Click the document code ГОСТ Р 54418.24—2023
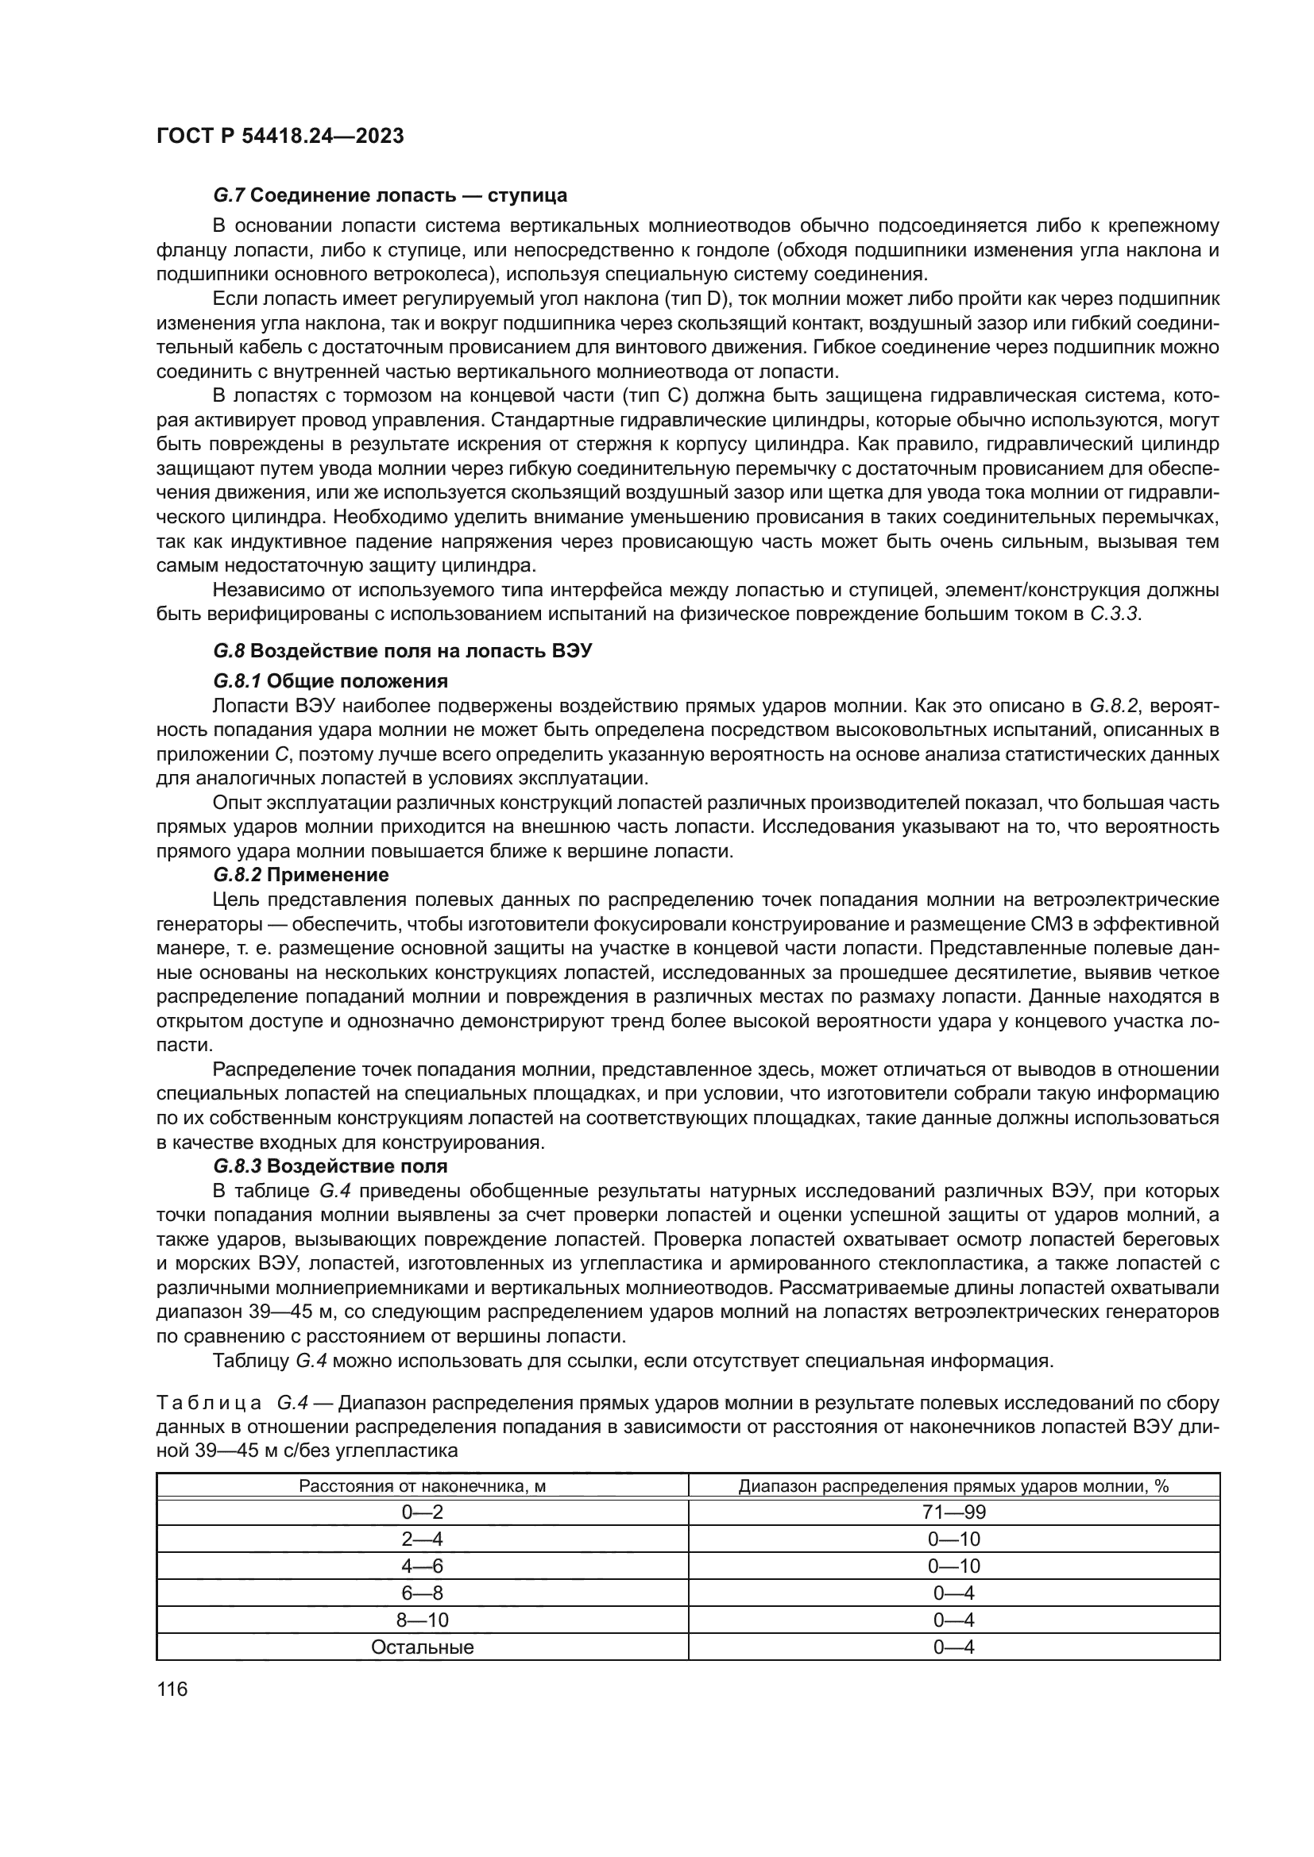pos(280,136)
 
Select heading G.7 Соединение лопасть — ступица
pos(390,195)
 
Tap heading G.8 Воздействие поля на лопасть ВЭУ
pos(402,651)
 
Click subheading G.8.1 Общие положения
pos(330,680)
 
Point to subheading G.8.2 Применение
pos(301,874)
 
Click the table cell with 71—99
pos(954,1512)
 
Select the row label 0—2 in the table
pos(422,1512)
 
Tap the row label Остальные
pos(422,1647)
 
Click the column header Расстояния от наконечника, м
pos(422,1485)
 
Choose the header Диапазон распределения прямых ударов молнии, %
pos(954,1485)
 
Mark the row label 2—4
pos(422,1539)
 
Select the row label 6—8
pos(422,1593)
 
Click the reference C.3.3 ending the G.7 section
pos(1114,614)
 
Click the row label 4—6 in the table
pos(422,1566)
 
